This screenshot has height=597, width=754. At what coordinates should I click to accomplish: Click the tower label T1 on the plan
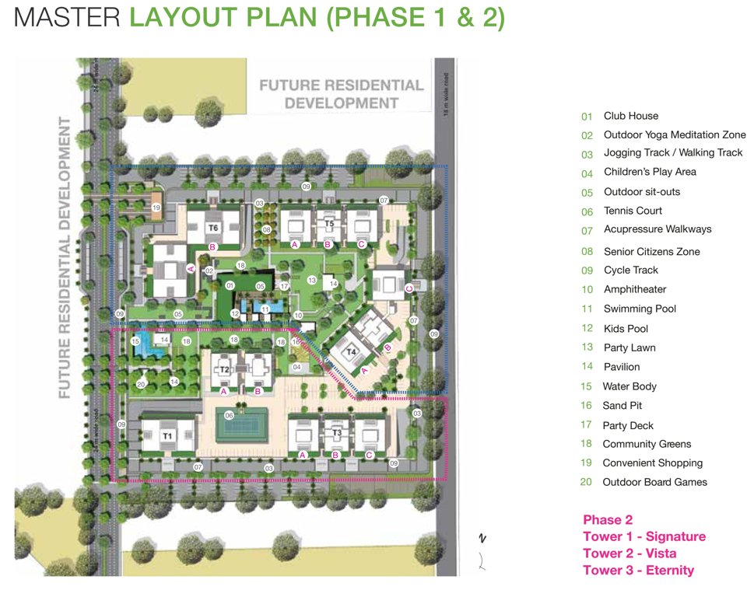tap(167, 437)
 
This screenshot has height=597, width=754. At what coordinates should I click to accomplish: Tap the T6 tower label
tap(213, 228)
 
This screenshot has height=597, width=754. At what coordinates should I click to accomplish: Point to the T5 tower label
tap(328, 225)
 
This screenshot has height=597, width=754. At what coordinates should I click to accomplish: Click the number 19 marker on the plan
tap(156, 208)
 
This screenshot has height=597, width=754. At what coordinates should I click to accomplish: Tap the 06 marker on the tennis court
tap(230, 415)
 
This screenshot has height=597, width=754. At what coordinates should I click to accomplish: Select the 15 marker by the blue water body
tap(135, 341)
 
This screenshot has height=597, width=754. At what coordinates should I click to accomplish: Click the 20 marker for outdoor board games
tap(141, 384)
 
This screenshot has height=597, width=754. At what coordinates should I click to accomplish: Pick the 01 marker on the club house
tap(230, 286)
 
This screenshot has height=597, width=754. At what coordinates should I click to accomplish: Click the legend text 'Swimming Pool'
tap(640, 309)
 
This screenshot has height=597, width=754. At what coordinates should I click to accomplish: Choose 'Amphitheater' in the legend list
tap(635, 289)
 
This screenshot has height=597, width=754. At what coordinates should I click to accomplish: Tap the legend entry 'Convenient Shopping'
tap(652, 463)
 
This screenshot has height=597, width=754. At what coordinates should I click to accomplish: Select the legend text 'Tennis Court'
tap(633, 211)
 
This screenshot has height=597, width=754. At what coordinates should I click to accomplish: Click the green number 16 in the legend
tap(587, 407)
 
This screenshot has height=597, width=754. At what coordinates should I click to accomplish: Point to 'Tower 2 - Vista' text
tap(630, 553)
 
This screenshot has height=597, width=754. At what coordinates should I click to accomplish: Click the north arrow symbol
tap(482, 538)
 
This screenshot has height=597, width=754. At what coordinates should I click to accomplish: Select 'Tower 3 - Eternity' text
tap(638, 571)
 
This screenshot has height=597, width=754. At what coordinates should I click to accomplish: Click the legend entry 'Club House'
tap(630, 116)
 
